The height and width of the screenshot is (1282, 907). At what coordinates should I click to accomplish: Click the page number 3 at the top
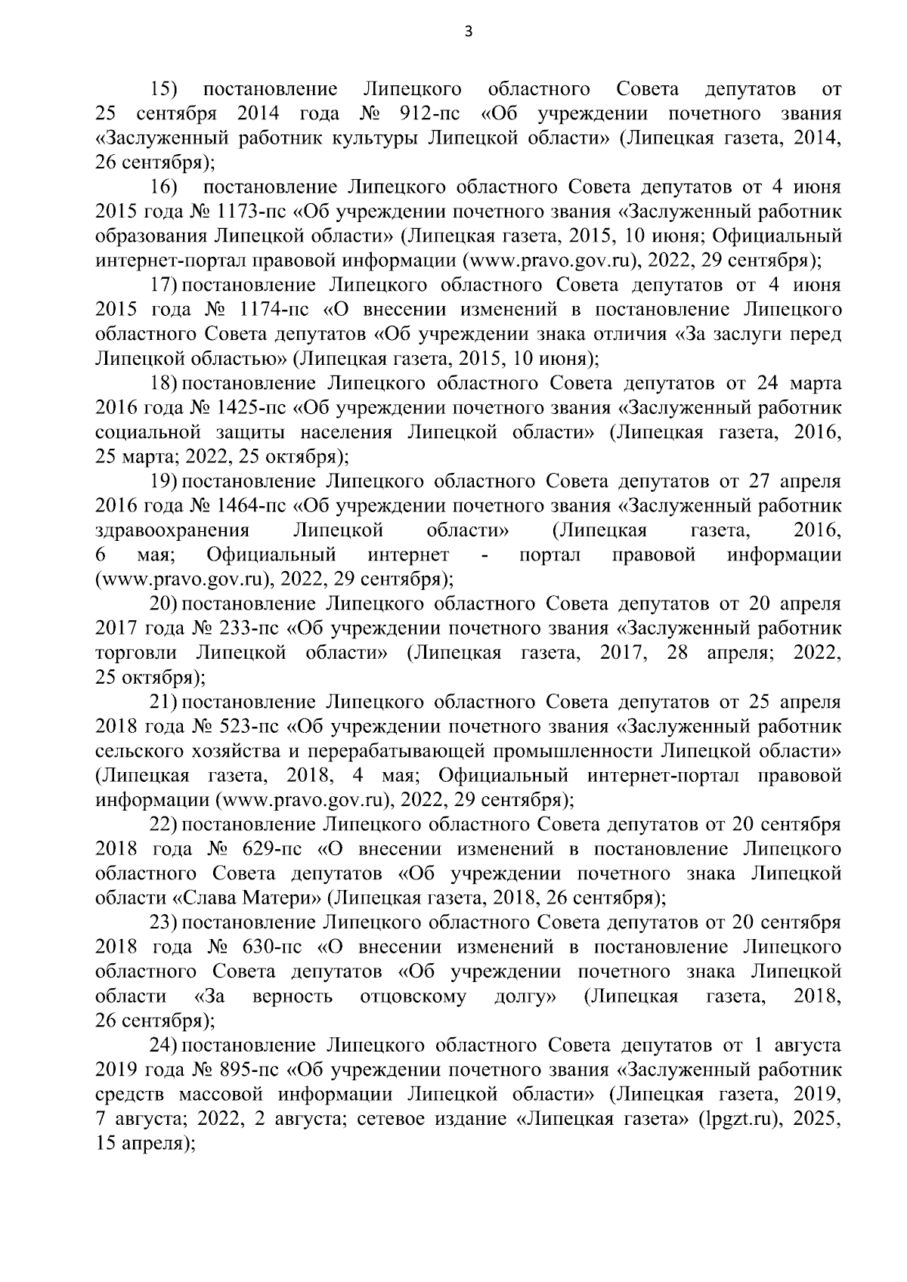[x=469, y=31]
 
